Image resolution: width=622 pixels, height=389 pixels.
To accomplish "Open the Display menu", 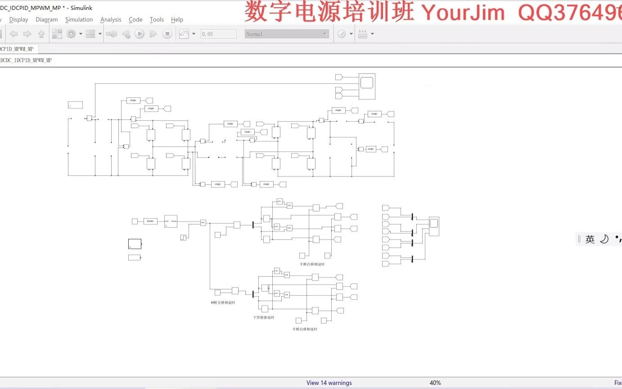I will [18, 19].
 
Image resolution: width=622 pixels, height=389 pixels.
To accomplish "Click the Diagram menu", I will [47, 19].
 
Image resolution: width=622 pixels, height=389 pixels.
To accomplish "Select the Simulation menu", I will [79, 19].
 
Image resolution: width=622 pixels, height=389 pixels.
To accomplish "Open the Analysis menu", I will [111, 19].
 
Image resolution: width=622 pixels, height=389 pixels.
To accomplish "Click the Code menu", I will [135, 19].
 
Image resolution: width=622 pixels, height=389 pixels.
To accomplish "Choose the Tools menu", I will [157, 19].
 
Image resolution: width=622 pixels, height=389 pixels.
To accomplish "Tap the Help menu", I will [177, 19].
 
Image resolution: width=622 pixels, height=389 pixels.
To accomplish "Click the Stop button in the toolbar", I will [167, 34].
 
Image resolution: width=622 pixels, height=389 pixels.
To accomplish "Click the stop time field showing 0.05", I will [218, 34].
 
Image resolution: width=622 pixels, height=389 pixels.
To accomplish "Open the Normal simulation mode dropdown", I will [287, 34].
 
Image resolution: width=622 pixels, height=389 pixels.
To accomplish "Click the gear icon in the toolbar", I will [71, 34].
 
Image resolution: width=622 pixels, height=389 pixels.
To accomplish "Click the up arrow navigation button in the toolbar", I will [41, 34].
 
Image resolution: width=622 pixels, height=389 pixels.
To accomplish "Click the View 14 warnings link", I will [329, 383].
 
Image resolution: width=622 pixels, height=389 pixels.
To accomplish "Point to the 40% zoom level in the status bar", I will [435, 383].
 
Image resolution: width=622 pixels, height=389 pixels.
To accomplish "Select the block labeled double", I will [150, 221].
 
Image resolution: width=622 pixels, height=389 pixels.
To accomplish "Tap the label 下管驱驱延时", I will [263, 317].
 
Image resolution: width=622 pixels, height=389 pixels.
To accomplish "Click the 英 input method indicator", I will [590, 240].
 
